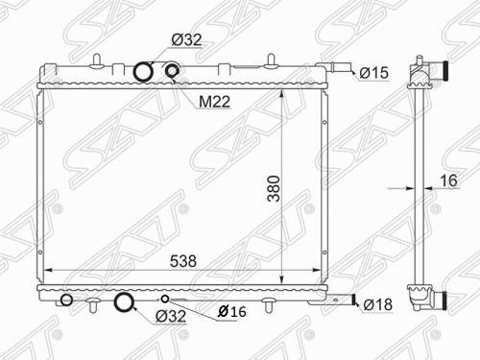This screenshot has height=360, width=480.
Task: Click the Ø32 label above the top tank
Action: pos(186,40)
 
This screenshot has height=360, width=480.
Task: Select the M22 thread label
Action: pos(214,102)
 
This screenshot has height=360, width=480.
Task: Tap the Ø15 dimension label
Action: pos(374,73)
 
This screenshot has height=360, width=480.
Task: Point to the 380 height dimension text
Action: pos(274,188)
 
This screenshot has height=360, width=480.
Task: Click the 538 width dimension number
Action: pos(183,261)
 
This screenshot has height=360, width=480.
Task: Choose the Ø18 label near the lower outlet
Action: pos(378,304)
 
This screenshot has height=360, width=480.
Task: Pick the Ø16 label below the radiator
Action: pos(232,311)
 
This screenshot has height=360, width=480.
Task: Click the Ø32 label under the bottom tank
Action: pos(171,317)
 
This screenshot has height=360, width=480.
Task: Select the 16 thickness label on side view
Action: pos(449,180)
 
